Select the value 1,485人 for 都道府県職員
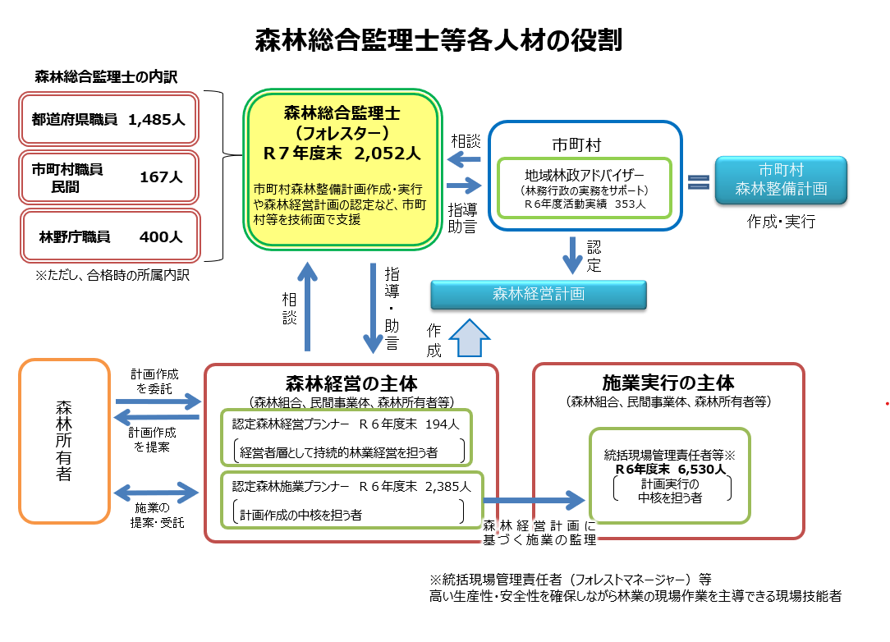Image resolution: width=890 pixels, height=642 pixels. [157, 119]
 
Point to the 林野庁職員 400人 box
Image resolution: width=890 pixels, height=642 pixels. [109, 236]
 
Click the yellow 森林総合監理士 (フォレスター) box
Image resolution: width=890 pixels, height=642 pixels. [342, 168]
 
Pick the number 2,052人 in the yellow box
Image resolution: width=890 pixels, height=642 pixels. [388, 153]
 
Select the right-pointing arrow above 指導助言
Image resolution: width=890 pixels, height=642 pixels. [464, 186]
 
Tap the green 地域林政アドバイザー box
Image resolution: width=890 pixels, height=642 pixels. [585, 188]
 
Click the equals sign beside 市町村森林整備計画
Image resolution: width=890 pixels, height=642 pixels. [698, 182]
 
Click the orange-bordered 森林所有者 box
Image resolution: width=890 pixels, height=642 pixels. [64, 441]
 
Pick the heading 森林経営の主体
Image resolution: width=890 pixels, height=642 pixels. [351, 383]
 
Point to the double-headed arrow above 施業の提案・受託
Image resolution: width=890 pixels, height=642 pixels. [157, 493]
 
